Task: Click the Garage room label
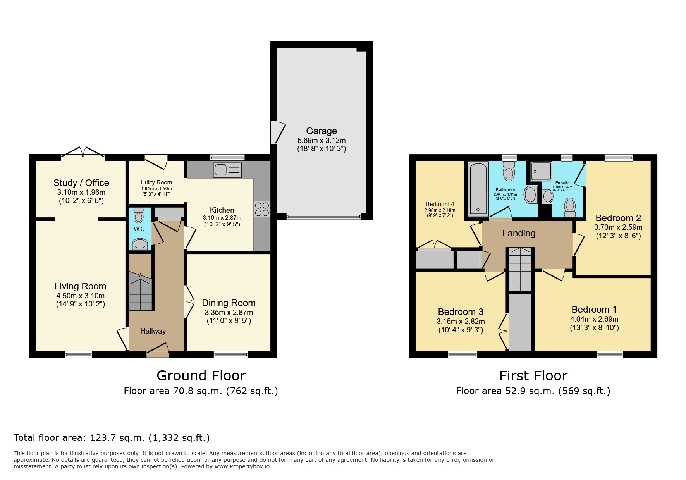click(x=321, y=131)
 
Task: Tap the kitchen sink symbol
click(x=227, y=170)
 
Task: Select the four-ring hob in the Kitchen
click(x=262, y=209)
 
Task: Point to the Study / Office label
click(x=81, y=183)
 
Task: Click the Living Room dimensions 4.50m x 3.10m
click(x=80, y=296)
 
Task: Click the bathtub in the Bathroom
click(x=478, y=189)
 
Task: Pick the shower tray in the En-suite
click(x=541, y=171)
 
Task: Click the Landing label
click(x=519, y=233)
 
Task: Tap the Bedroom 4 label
click(x=440, y=204)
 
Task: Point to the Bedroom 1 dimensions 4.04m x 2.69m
click(x=594, y=319)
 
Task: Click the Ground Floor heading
click(x=201, y=376)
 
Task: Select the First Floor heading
click(x=533, y=376)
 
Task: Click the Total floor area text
click(x=112, y=438)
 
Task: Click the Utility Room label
click(x=156, y=182)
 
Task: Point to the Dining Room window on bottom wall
click(x=230, y=354)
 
